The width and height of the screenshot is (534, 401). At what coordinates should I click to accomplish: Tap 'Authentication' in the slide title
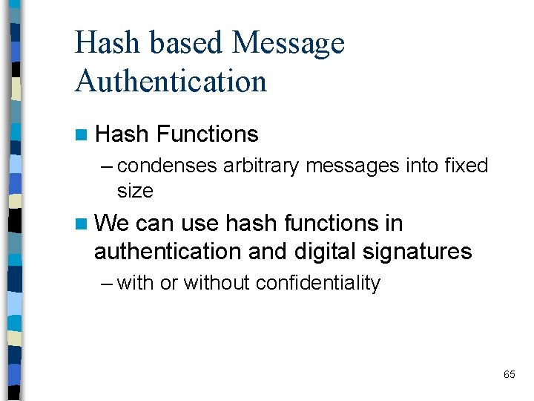(171, 80)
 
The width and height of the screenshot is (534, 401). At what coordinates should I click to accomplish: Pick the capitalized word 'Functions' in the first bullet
(208, 134)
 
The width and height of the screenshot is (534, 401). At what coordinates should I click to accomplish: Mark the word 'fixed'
(467, 165)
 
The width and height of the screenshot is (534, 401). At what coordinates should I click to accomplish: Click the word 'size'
(135, 191)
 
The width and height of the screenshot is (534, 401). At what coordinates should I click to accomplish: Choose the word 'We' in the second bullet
(113, 223)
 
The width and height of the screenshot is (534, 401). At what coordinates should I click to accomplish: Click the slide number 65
(509, 374)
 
